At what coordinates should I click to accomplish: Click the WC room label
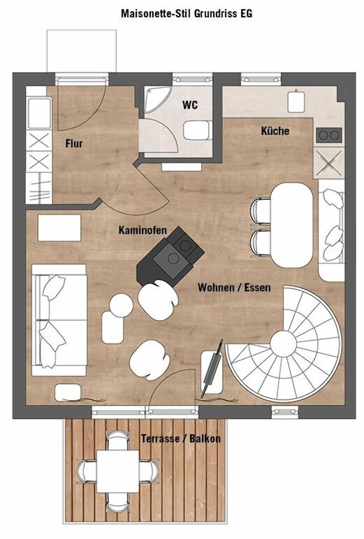tap(190, 105)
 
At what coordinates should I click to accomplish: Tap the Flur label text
tap(74, 143)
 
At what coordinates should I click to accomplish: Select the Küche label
tap(275, 130)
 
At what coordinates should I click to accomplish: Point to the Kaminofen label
tap(143, 230)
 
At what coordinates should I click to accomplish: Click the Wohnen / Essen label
tap(234, 287)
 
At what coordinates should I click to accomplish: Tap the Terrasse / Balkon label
tap(180, 438)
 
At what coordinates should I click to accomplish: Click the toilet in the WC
tap(197, 130)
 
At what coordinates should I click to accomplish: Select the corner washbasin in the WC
tap(156, 99)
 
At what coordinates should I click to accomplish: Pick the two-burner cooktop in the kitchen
tap(329, 135)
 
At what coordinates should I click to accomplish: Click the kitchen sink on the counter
tap(296, 101)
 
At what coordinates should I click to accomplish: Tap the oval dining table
tap(291, 225)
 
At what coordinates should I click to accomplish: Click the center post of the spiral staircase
tap(283, 343)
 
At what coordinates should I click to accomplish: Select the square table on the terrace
tap(117, 471)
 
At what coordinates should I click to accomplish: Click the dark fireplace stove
tap(170, 255)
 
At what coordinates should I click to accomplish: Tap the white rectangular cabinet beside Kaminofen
tap(59, 227)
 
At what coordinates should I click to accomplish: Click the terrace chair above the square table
tap(118, 439)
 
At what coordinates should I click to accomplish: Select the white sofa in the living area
tap(59, 320)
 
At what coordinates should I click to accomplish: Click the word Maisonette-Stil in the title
tap(156, 13)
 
